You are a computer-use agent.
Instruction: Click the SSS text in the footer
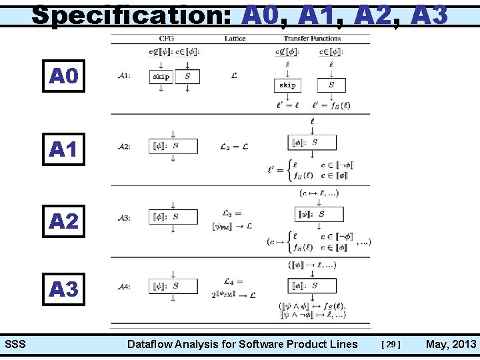click(x=15, y=345)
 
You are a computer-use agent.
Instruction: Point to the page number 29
click(x=391, y=345)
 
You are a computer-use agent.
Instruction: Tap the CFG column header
click(x=167, y=39)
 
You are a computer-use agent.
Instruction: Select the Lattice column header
click(x=235, y=39)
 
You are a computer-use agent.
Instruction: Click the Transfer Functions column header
click(x=312, y=39)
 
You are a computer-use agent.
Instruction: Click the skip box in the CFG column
click(x=161, y=77)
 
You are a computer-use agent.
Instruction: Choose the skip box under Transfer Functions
click(x=287, y=85)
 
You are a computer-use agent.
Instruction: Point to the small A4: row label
click(x=124, y=287)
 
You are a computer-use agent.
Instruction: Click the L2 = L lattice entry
click(x=235, y=147)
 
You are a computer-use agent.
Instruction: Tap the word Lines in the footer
click(x=343, y=345)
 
